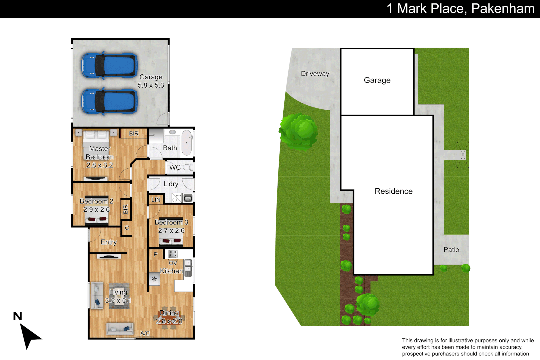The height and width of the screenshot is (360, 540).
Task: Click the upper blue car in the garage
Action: (x=109, y=65)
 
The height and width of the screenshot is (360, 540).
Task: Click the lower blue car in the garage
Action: (x=109, y=102)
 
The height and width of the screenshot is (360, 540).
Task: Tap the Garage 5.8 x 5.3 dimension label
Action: (x=151, y=81)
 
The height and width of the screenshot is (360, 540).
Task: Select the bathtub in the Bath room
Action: (x=187, y=143)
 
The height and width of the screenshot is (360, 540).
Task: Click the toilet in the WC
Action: (x=189, y=167)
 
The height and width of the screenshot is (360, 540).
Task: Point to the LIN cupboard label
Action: (x=156, y=200)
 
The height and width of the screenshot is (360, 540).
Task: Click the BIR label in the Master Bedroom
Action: (x=134, y=133)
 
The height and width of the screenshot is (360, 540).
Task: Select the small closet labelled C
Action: (x=127, y=228)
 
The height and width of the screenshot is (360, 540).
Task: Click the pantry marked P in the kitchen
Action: (x=155, y=254)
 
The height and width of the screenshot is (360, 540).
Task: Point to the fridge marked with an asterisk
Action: (x=154, y=279)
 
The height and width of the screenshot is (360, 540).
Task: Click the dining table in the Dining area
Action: (x=169, y=317)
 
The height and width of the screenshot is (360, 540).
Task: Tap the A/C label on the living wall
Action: (x=145, y=333)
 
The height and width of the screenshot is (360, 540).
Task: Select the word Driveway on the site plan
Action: (x=315, y=74)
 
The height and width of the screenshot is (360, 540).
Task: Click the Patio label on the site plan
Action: (x=451, y=250)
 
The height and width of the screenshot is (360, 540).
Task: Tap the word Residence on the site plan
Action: (x=393, y=191)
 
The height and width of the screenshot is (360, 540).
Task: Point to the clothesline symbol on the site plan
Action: (x=463, y=155)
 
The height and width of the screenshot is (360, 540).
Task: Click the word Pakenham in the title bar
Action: (x=503, y=9)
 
